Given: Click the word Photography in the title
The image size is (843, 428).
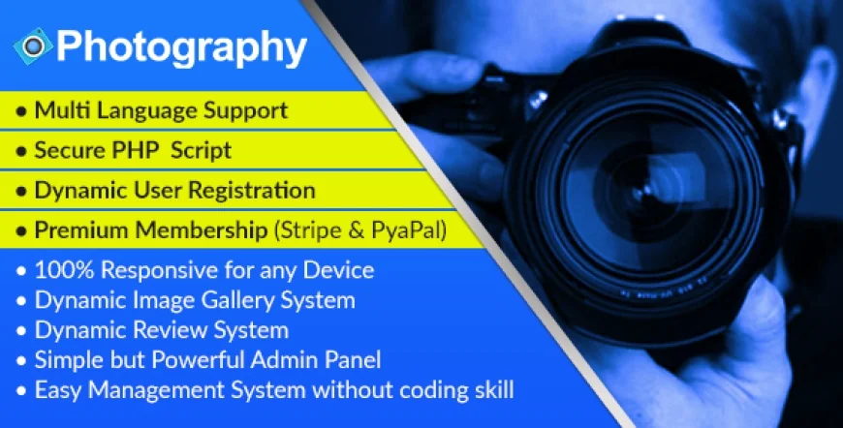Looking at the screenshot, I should click(182, 46).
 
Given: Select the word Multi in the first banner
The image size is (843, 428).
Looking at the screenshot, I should click(56, 110).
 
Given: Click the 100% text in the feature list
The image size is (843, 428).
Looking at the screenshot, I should click(59, 270).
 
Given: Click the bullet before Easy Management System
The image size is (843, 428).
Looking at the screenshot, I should click(21, 392).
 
